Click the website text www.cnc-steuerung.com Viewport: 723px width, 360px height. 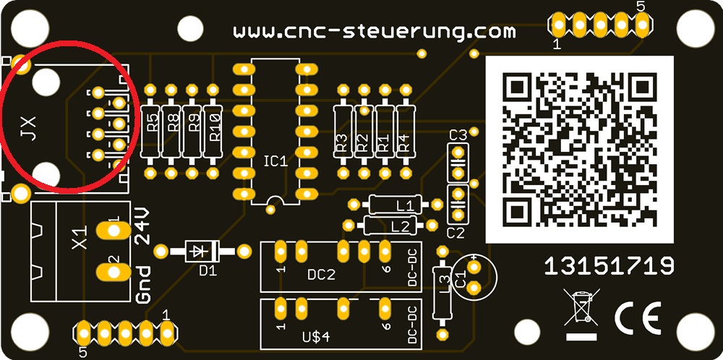pyautogui.click(x=374, y=32)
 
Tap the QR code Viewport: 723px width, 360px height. pyautogui.click(x=579, y=150)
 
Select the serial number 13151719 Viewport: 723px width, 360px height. pyautogui.click(x=609, y=267)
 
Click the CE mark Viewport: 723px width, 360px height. pyautogui.click(x=638, y=318)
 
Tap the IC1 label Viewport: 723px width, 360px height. pyautogui.click(x=275, y=161)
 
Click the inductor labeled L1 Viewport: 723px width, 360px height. pyautogui.click(x=395, y=204)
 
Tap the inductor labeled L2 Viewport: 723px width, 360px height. pyautogui.click(x=390, y=226)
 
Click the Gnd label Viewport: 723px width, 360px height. pyautogui.click(x=143, y=284)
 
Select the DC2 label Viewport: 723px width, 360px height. pyautogui.click(x=322, y=275)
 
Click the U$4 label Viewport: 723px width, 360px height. pyautogui.click(x=317, y=337)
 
